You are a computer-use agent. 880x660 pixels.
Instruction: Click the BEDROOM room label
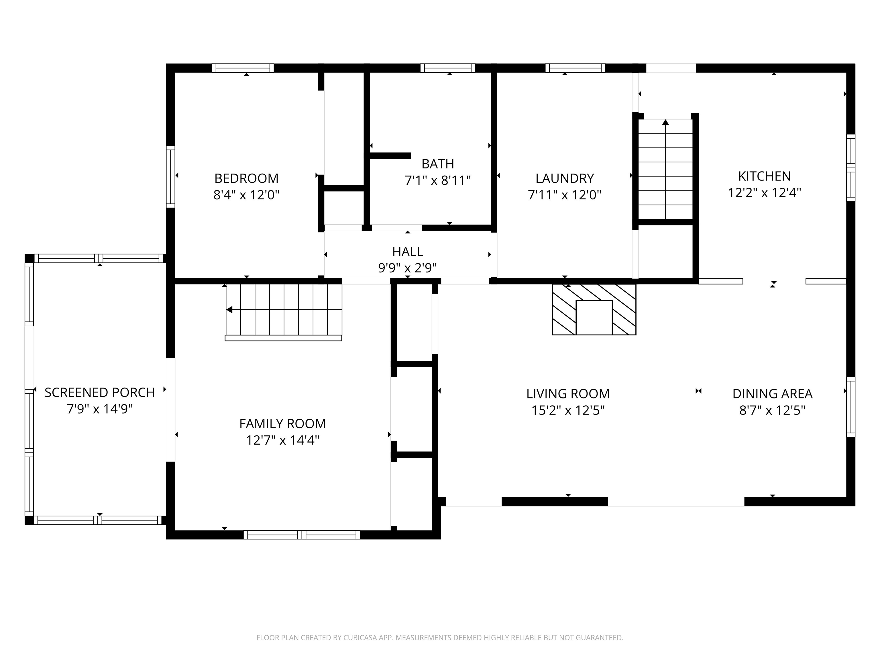coord(246,178)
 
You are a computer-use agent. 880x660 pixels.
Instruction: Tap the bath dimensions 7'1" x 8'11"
coord(438,181)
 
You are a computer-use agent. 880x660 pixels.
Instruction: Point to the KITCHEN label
coord(764,176)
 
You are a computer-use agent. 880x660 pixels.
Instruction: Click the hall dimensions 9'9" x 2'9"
coord(407,268)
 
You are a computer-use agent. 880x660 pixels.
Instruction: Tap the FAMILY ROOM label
coord(282,423)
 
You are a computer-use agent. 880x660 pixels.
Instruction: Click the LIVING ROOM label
coord(568,394)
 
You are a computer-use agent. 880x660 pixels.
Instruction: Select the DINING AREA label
coord(772,394)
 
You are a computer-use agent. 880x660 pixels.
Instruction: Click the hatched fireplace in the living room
coord(594,309)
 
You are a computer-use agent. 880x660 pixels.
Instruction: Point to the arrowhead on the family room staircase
coord(229,309)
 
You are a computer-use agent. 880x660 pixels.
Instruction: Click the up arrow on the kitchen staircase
coord(665,122)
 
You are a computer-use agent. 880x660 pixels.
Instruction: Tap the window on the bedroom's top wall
coord(243,68)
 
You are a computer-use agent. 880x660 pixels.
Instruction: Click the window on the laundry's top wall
coord(575,68)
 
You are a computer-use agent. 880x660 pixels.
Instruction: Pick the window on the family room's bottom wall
coord(302,535)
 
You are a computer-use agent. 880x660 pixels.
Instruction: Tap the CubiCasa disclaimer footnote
coord(440,638)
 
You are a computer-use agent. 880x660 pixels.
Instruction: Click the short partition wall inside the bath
coord(390,156)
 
